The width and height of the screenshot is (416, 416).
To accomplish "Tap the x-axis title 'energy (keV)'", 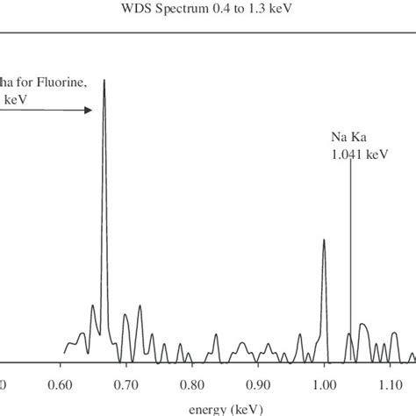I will pos(208,407).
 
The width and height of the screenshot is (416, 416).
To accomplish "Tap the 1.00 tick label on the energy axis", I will pos(324,384).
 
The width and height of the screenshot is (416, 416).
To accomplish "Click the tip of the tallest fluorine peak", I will pos(104,81).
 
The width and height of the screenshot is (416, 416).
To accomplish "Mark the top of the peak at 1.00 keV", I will pos(324,240).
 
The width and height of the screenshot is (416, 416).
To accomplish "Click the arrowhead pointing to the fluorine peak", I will pos(88,111).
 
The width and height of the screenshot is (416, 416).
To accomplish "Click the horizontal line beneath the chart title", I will pos(208,33).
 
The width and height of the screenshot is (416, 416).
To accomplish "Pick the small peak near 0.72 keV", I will pos(139,307).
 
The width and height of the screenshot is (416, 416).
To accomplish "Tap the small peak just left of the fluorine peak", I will pos(93,306).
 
